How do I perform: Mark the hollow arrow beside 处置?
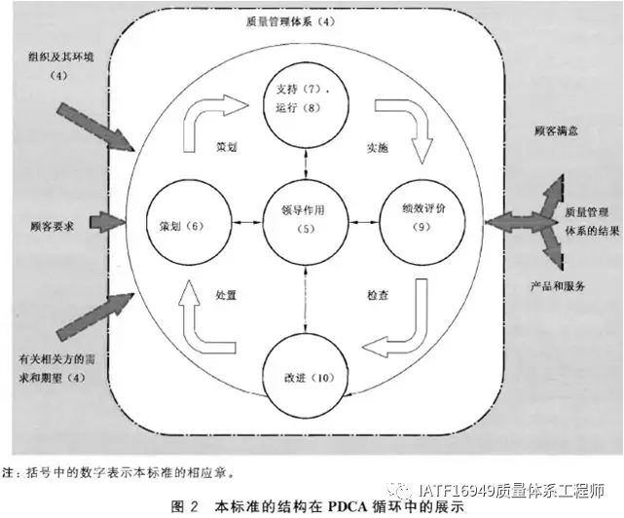pos(204,321)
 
